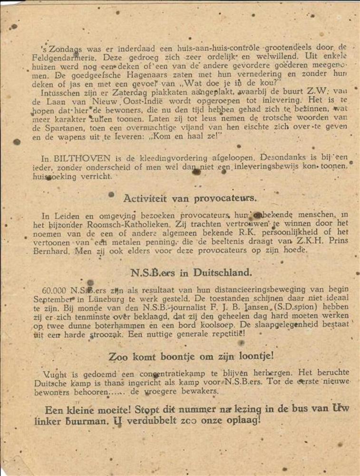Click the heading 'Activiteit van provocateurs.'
190,198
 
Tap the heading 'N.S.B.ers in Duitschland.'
191,273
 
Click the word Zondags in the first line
60,47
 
